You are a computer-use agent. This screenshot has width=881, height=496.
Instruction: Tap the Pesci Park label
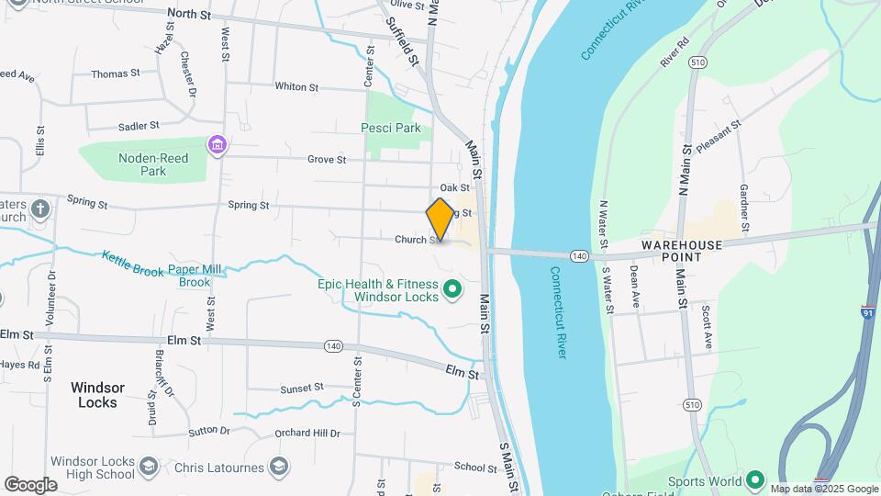391,129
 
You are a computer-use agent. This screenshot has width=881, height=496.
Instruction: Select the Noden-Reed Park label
153,164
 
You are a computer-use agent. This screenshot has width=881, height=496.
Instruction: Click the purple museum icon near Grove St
217,145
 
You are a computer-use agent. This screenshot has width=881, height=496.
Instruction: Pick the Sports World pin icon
755,480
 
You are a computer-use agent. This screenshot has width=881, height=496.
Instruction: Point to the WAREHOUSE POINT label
685,251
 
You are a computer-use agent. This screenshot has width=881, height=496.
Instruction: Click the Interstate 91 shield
867,312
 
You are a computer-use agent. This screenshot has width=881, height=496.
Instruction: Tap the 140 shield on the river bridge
578,254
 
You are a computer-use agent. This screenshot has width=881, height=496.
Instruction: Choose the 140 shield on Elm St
333,346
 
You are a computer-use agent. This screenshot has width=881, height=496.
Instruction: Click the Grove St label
327,160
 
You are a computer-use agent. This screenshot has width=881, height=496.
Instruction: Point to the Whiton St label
296,87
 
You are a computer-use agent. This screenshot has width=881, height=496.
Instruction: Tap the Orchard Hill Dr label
308,434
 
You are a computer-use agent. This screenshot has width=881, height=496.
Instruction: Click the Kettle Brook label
133,265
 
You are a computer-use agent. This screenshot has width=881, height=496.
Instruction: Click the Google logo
30,484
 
